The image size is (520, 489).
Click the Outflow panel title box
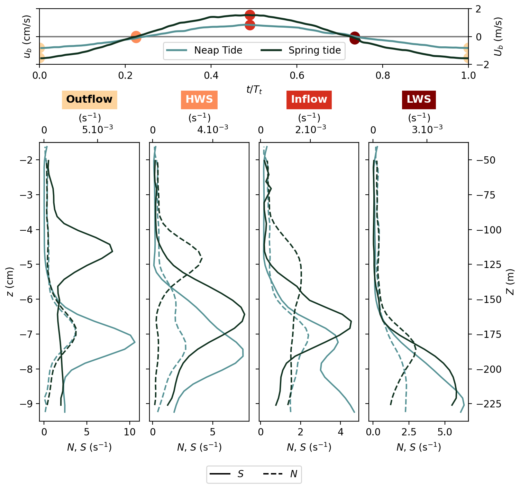click(x=89, y=100)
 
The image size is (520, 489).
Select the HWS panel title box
click(x=199, y=100)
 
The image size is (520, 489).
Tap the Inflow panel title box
click(x=309, y=100)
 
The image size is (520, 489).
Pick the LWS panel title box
click(x=419, y=100)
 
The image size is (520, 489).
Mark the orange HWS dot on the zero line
click(x=136, y=37)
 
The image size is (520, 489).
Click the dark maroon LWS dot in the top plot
click(x=355, y=37)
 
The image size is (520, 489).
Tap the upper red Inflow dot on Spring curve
click(x=250, y=15)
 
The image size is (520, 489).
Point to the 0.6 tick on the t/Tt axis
click(x=297, y=75)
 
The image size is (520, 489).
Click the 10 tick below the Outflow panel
click(x=129, y=432)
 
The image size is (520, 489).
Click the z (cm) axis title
click(x=10, y=282)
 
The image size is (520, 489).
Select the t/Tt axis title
click(x=254, y=90)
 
